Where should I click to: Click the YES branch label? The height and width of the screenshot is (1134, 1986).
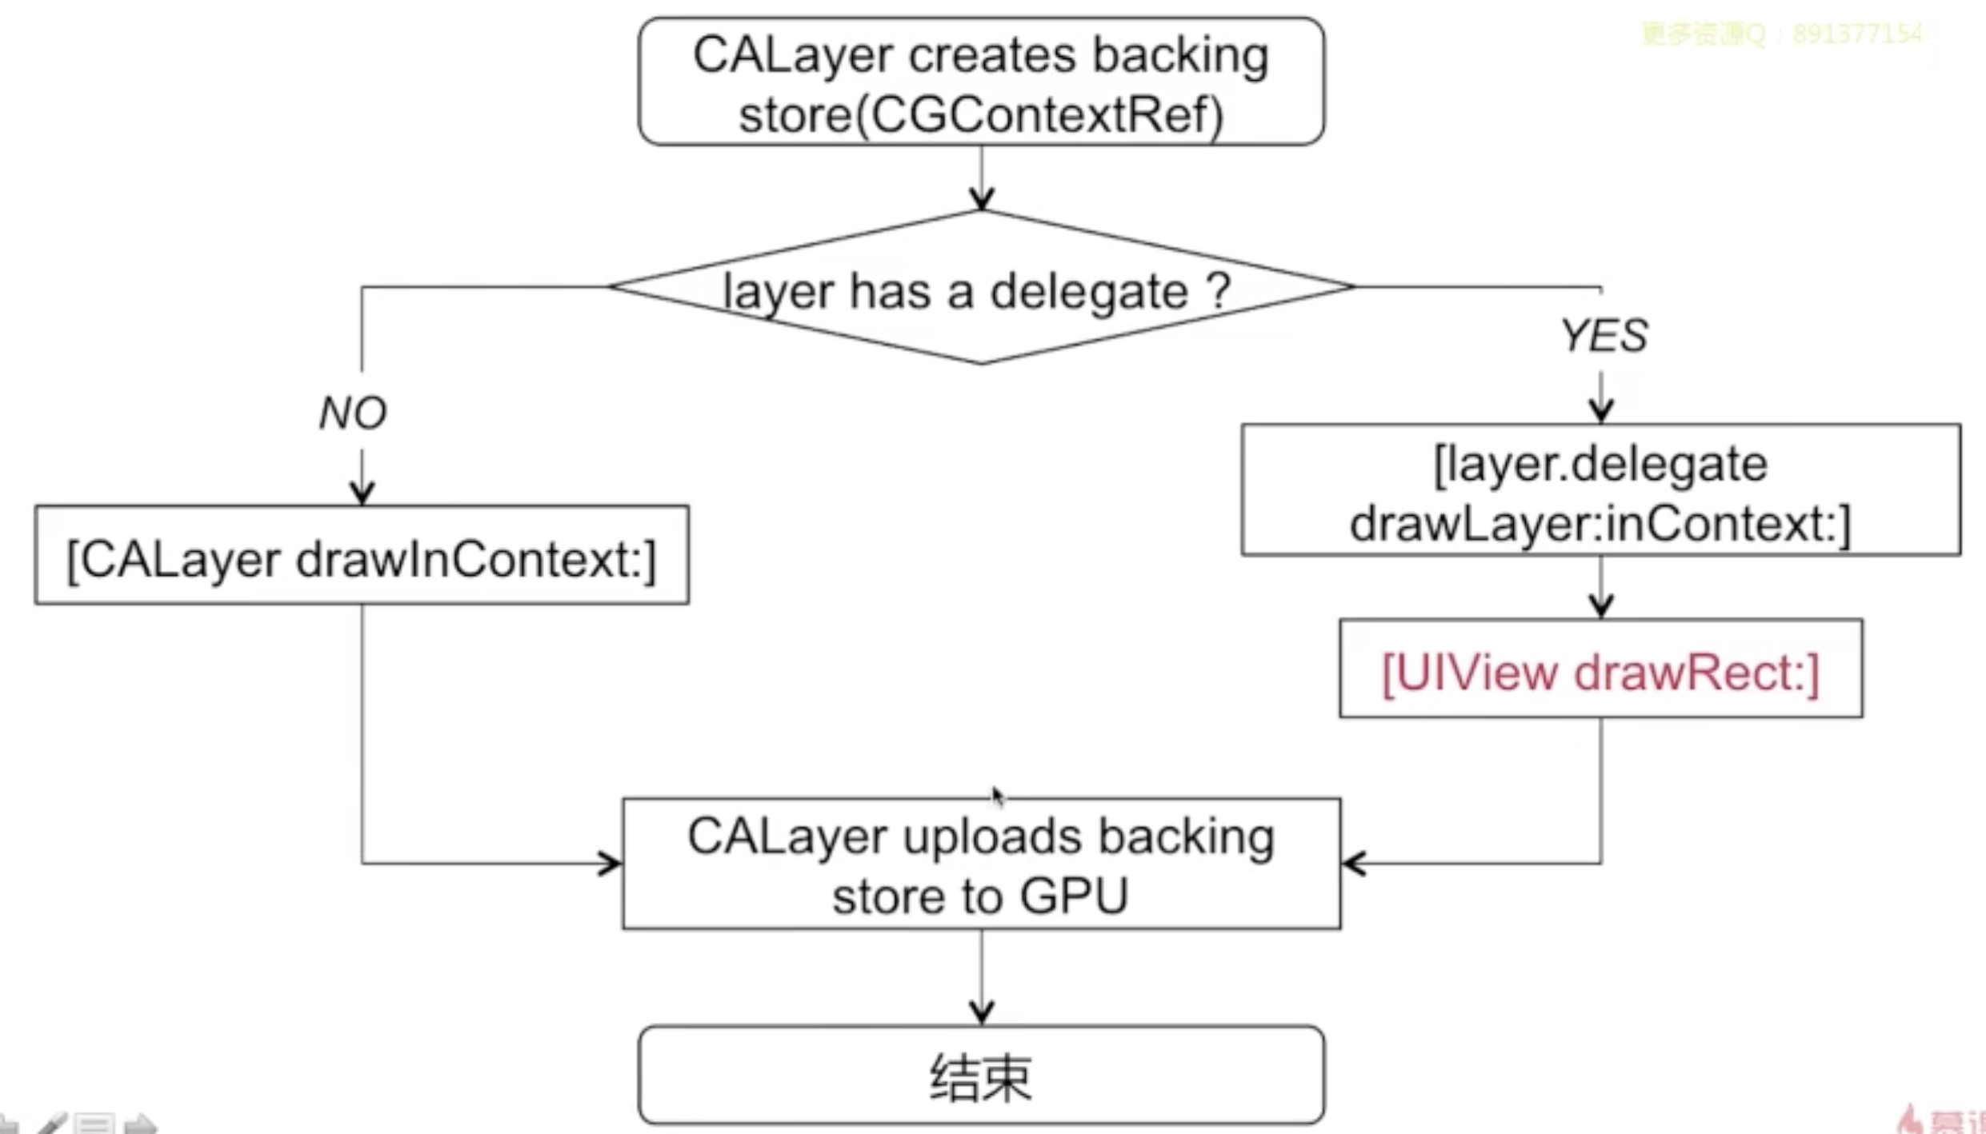1604,335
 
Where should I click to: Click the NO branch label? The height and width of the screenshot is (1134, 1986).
353,413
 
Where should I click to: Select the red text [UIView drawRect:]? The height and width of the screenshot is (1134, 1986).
1600,672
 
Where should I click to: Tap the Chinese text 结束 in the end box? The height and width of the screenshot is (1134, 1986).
981,1077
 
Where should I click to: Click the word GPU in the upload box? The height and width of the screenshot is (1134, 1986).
1074,896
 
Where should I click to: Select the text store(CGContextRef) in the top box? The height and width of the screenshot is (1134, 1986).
981,114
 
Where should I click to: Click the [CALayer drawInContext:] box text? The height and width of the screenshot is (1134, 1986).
362,559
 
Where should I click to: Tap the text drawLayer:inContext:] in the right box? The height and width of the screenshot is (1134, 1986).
1600,524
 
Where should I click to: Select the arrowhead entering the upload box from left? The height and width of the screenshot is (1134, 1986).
611,863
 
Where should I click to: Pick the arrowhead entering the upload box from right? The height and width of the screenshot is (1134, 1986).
1354,863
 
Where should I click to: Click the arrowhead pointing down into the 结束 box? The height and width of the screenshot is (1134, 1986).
982,1012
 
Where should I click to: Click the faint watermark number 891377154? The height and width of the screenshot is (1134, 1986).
1856,34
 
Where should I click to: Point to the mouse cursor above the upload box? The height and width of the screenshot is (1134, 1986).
997,796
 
